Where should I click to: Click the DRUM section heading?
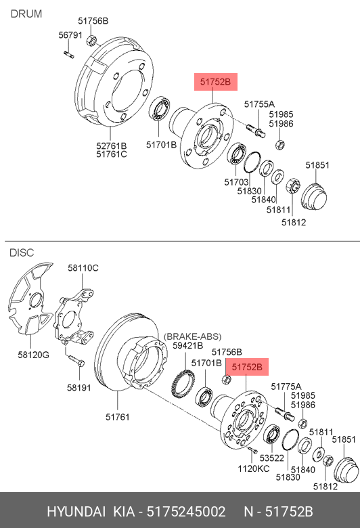pyautogui.click(x=26, y=14)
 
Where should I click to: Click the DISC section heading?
pyautogui.click(x=22, y=252)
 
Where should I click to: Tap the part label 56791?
pyautogui.click(x=70, y=35)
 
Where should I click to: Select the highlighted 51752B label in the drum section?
pyautogui.click(x=216, y=82)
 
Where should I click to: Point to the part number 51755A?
pyautogui.click(x=259, y=104)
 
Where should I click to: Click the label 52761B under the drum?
pyautogui.click(x=112, y=146)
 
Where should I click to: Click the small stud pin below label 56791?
pyautogui.click(x=69, y=54)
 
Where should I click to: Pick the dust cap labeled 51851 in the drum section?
pyautogui.click(x=314, y=197)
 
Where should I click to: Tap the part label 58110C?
pyautogui.click(x=83, y=268)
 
